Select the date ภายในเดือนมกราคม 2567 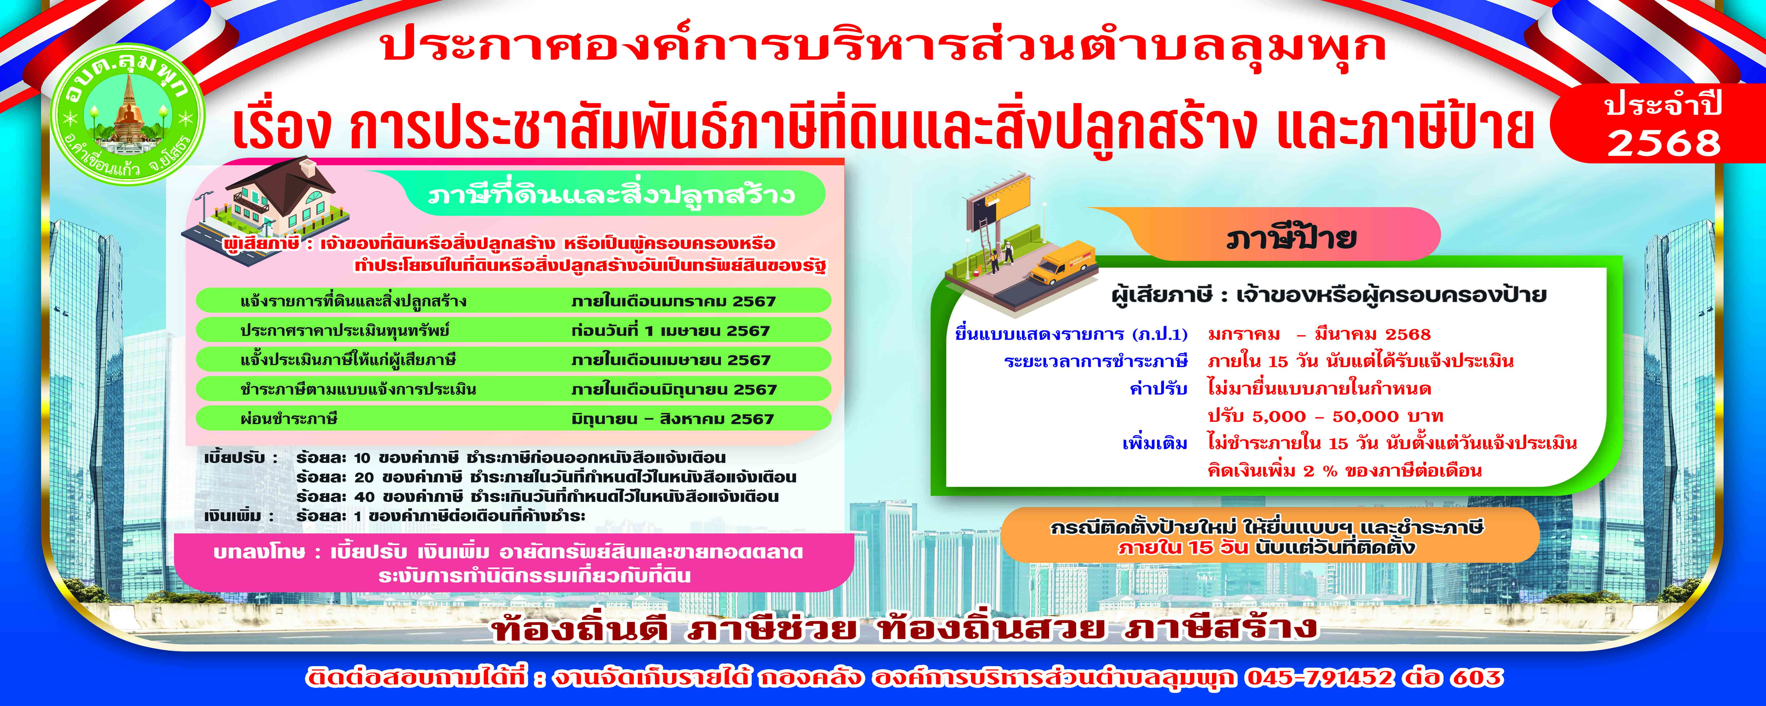click(673, 301)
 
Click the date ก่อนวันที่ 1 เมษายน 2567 click(671, 330)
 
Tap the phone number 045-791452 click(1320, 678)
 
